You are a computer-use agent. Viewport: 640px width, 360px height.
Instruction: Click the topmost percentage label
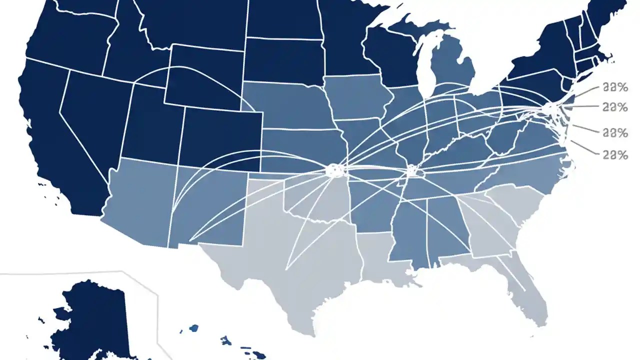tap(615, 87)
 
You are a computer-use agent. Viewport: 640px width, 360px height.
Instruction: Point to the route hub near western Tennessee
tap(412, 171)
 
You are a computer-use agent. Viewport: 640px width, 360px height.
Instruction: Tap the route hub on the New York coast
tap(550, 107)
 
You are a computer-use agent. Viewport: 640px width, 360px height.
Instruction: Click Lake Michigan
tap(425, 65)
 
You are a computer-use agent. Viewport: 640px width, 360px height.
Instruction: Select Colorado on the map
tap(220, 135)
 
